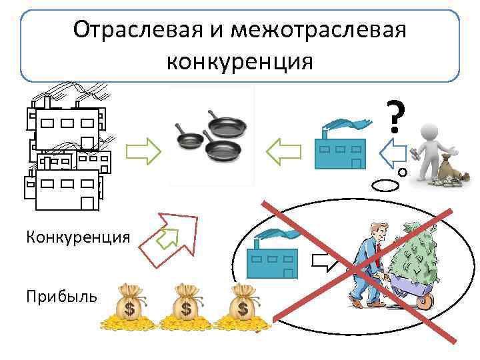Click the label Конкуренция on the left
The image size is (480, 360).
point(78,237)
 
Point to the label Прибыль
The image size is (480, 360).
point(61,295)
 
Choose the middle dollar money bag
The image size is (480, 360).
point(185,306)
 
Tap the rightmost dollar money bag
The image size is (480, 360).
point(242,306)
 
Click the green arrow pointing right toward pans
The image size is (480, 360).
point(143,153)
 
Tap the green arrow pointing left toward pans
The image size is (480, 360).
point(283,152)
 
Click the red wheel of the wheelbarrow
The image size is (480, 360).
point(423,299)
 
